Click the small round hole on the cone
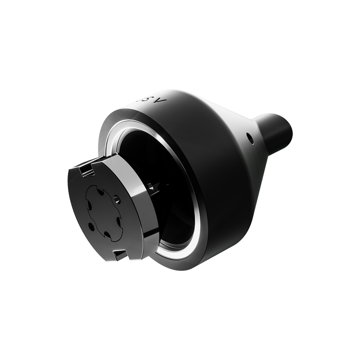coord(248,137)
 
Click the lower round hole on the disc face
coord(91,227)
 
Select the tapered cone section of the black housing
coord(238,151)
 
